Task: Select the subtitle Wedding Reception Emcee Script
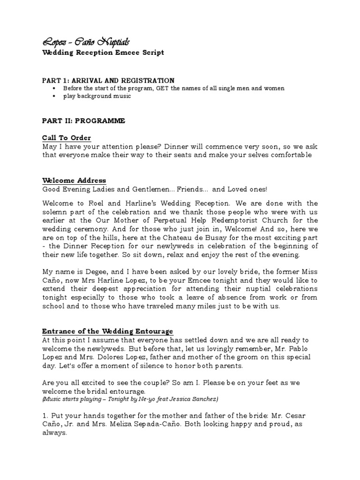pyautogui.click(x=103, y=53)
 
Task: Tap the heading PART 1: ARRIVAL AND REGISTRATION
pyautogui.click(x=108, y=81)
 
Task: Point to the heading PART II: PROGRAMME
pyautogui.click(x=83, y=121)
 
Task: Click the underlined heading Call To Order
pyautogui.click(x=67, y=138)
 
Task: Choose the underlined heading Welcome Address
pyautogui.click(x=74, y=180)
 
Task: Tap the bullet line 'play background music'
pyautogui.click(x=97, y=96)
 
